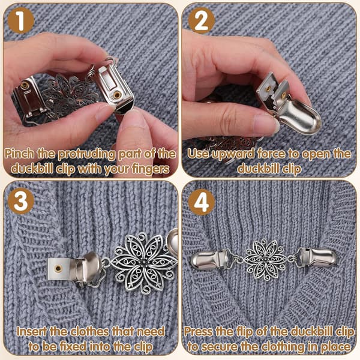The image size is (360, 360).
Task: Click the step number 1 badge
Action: tap(21, 20)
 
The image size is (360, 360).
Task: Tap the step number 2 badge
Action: tap(202, 20)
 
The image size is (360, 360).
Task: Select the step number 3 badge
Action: tap(21, 202)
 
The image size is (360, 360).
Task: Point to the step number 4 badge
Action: tap(202, 202)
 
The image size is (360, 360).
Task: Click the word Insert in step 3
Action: tap(32, 332)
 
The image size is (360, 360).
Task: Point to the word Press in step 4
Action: tap(197, 332)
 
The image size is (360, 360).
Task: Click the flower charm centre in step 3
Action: tap(144, 264)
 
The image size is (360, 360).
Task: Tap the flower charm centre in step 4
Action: tap(266, 259)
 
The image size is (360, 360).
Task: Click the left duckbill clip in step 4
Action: tap(211, 260)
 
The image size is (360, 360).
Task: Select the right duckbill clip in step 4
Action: tap(317, 257)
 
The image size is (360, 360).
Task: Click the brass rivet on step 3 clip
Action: tap(58, 268)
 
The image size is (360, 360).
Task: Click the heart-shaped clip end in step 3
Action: tap(173, 242)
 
